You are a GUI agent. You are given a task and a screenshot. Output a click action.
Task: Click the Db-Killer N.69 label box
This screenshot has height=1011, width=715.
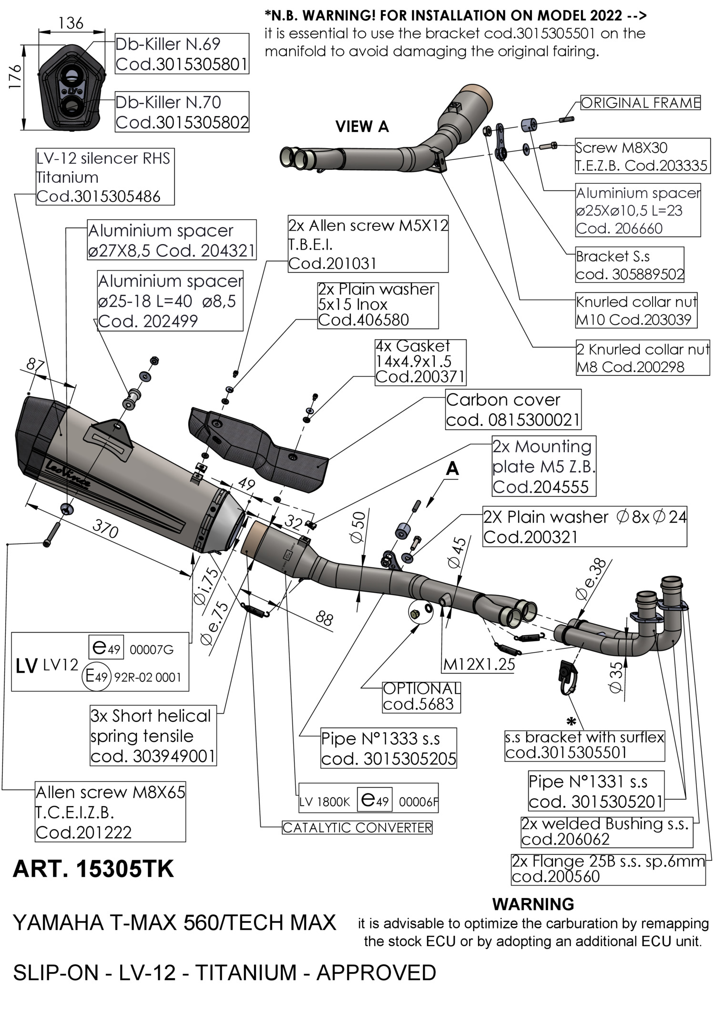[182, 54]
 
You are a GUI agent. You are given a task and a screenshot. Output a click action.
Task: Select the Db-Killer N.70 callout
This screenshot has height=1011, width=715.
[182, 112]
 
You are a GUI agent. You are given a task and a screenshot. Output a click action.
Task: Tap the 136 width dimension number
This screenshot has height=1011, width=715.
[71, 23]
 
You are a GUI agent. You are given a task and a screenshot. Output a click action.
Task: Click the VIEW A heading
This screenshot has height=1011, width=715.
[362, 127]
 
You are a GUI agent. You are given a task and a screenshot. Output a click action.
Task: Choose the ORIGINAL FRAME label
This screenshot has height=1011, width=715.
[640, 103]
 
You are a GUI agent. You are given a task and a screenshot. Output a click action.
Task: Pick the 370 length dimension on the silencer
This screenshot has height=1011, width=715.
[105, 529]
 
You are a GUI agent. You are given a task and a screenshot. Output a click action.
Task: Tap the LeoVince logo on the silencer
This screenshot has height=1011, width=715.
[68, 474]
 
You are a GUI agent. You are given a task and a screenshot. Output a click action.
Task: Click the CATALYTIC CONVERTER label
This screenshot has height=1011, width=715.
[357, 828]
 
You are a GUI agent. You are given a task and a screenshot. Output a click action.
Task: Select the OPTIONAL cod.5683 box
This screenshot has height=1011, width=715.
[421, 697]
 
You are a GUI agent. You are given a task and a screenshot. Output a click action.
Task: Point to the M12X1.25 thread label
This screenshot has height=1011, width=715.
[479, 664]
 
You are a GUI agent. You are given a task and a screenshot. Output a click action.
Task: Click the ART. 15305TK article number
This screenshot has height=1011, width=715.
[93, 869]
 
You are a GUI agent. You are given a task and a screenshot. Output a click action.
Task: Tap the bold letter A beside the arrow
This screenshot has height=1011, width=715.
[452, 469]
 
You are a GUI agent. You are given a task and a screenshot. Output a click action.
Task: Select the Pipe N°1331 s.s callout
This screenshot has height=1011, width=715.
[596, 791]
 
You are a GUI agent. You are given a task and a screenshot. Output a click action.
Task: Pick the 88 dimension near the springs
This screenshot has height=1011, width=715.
[324, 619]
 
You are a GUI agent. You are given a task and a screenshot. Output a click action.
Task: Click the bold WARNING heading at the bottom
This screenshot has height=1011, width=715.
[533, 904]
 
